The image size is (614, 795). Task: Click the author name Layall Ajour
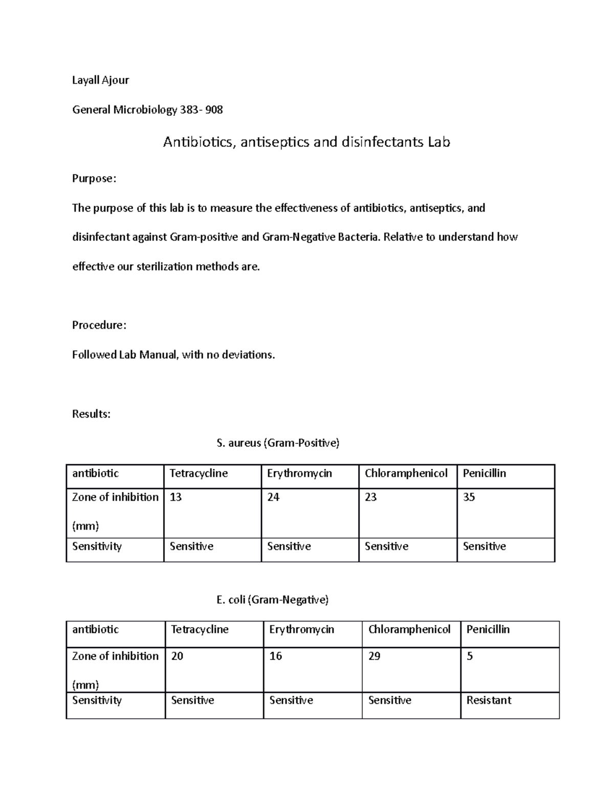click(100, 80)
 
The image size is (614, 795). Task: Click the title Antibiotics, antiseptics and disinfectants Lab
click(306, 142)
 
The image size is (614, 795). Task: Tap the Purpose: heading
click(94, 179)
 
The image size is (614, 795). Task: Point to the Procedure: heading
click(99, 325)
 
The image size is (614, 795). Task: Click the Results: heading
click(91, 414)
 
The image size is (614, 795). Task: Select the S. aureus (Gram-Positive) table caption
click(278, 443)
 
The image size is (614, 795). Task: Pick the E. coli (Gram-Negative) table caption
click(272, 599)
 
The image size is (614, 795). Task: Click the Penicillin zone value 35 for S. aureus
click(469, 497)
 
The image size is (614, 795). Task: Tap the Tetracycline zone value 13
click(176, 497)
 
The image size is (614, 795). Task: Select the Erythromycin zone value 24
click(273, 497)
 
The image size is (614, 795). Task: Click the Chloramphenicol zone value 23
click(370, 497)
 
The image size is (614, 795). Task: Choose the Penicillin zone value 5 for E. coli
click(470, 656)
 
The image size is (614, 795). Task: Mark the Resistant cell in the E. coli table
click(489, 700)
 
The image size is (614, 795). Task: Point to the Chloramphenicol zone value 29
click(374, 656)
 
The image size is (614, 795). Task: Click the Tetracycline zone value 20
click(177, 656)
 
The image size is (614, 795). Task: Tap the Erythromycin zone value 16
click(275, 656)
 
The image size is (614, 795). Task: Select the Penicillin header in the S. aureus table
click(484, 473)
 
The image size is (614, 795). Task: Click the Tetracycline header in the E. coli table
click(200, 629)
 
